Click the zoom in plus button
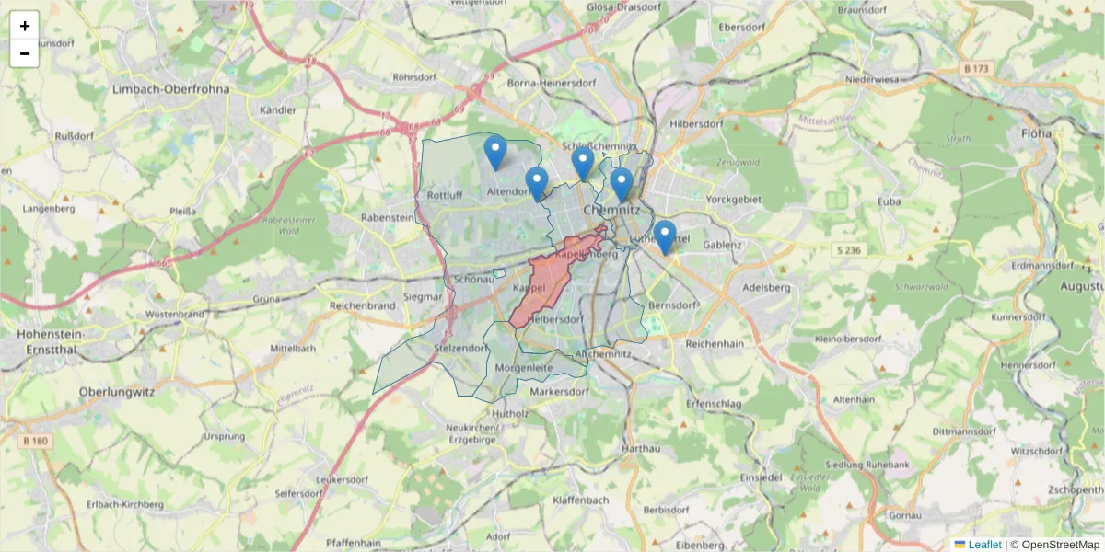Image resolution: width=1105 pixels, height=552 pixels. pos(25,26)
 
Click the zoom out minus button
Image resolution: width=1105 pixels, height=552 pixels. pos(25,53)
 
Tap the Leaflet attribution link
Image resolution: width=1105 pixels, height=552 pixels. pos(984,545)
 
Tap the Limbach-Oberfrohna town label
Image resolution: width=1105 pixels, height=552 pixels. pos(169,89)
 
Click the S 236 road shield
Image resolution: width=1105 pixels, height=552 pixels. pos(850,250)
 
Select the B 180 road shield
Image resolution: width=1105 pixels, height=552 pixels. pos(35,441)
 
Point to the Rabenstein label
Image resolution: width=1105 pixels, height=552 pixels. pos(388,218)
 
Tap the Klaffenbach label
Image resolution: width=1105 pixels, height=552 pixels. pos(581,500)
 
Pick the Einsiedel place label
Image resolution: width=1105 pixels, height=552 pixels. pos(761,477)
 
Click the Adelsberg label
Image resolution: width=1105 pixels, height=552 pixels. pos(766,287)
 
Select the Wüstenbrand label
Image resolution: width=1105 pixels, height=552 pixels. pos(175,314)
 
